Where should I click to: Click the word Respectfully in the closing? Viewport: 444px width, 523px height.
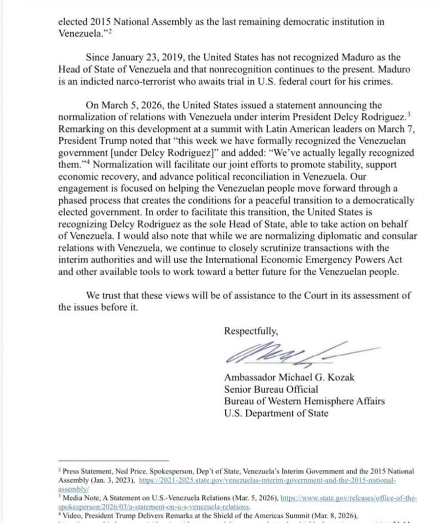pos(251,331)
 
